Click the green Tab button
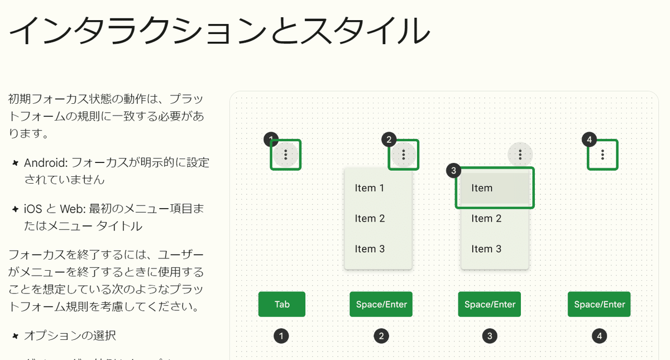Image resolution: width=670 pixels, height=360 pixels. tap(282, 304)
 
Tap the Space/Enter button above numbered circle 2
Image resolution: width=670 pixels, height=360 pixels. tap(381, 304)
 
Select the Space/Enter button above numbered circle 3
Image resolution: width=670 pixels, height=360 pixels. tap(490, 304)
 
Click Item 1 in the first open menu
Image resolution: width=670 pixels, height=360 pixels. tap(370, 188)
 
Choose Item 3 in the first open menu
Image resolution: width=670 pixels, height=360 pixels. tap(370, 249)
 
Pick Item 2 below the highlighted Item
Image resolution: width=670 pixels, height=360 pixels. tap(486, 218)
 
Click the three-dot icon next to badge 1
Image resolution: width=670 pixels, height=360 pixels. tap(286, 155)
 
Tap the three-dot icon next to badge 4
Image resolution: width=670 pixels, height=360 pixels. tap(603, 155)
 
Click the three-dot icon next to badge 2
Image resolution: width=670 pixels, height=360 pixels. tap(403, 155)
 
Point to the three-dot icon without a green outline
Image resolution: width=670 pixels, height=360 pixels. tap(520, 155)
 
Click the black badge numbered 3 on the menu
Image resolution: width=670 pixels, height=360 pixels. tap(454, 171)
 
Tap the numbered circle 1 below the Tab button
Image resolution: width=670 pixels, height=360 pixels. tap(282, 336)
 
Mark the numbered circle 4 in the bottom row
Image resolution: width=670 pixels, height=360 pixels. tap(600, 336)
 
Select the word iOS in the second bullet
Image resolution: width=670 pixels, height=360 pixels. tap(33, 209)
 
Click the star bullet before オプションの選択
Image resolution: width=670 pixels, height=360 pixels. tap(15, 336)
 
